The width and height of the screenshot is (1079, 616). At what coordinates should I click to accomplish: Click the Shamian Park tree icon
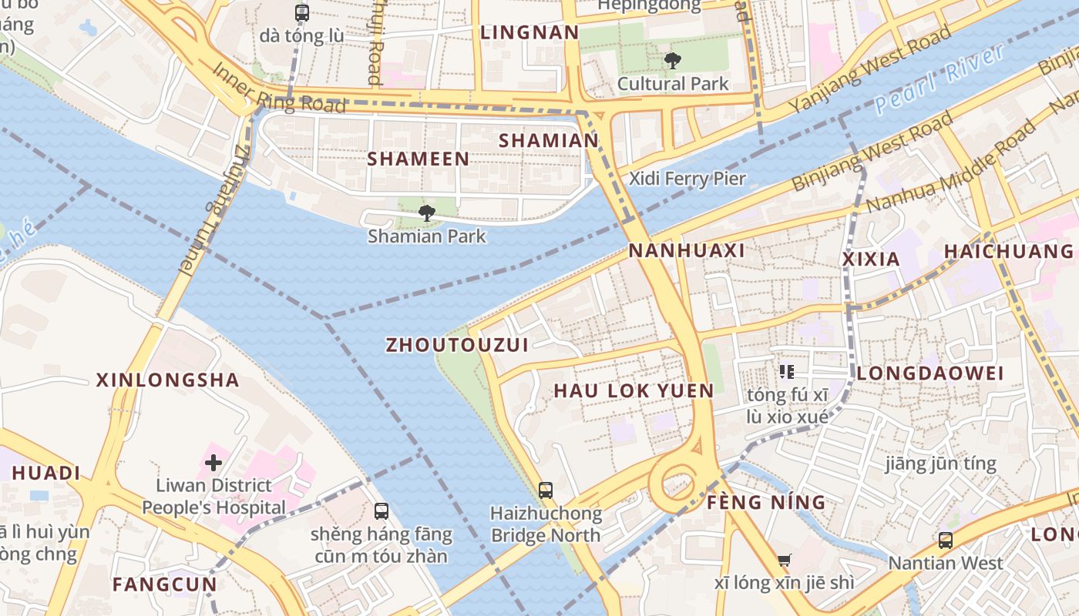(426, 213)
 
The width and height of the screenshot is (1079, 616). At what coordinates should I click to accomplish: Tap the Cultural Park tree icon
(672, 61)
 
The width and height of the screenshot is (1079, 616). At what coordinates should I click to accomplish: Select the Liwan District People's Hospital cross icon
(213, 463)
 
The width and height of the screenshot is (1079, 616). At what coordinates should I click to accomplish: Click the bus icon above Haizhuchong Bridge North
(546, 490)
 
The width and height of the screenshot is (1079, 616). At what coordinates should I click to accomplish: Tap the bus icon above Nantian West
(945, 540)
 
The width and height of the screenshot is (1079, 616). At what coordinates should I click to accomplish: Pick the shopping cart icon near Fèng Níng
(785, 561)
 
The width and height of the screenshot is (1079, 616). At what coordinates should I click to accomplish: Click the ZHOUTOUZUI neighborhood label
(457, 345)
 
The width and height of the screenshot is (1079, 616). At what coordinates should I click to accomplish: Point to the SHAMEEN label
(418, 159)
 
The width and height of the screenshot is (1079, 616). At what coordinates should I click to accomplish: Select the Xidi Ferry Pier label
(687, 179)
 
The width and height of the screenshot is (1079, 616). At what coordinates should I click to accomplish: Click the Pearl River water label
(940, 79)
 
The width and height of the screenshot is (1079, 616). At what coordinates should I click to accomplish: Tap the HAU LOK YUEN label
(634, 391)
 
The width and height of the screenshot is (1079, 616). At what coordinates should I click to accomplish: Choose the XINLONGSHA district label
(167, 380)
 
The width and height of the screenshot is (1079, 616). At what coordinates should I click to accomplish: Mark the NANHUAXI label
(687, 251)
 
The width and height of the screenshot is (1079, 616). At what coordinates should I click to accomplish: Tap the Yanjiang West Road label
(869, 69)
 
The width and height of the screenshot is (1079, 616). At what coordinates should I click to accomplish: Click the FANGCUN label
(164, 584)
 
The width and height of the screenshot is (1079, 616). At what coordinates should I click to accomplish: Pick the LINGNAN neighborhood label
(529, 33)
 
